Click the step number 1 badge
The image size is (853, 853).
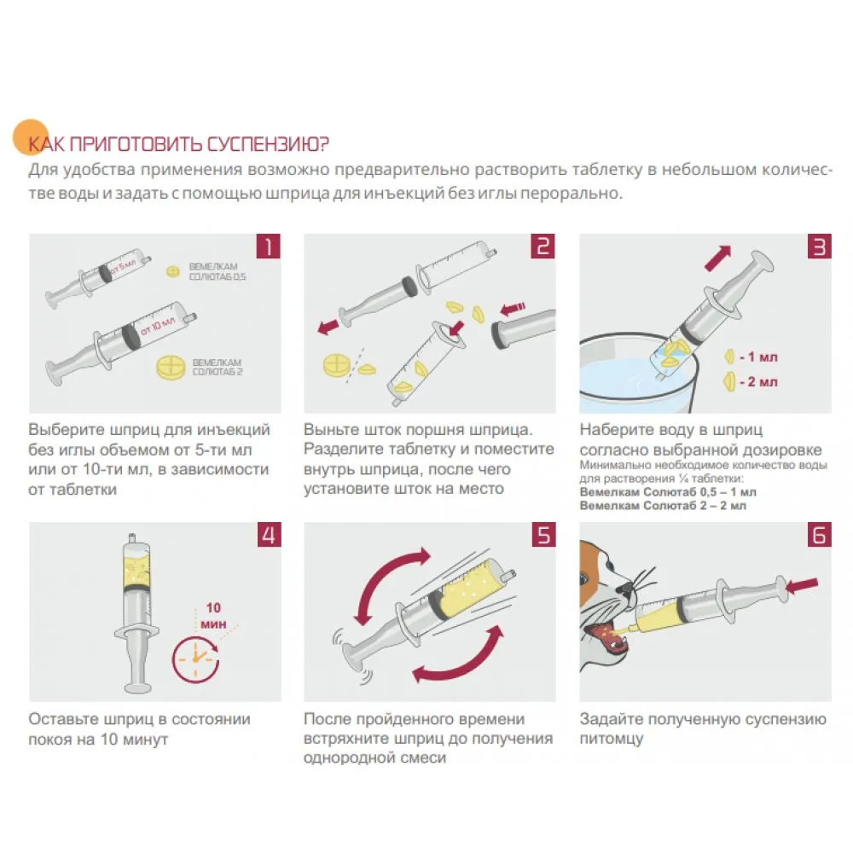[268, 246]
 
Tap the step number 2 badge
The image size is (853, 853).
[543, 246]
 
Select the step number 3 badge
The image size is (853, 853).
[819, 246]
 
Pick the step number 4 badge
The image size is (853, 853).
[269, 535]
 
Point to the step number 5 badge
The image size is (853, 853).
[544, 535]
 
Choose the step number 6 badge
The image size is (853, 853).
[819, 535]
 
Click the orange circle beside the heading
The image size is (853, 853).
[31, 137]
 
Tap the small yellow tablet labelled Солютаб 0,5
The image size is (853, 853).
[173, 271]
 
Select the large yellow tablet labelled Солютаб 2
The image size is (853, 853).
[171, 368]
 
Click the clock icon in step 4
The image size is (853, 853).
[196, 659]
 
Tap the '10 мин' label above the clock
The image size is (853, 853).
[213, 616]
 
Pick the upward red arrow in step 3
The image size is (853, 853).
[718, 258]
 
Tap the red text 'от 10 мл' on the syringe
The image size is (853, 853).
[158, 327]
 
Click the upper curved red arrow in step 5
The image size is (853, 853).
[384, 580]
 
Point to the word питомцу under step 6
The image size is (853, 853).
[612, 740]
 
